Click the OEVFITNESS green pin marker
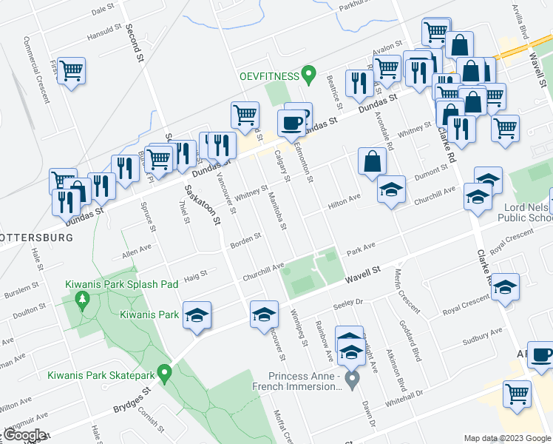click(311, 75)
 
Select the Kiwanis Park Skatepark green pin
click(166, 372)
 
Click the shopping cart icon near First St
click(72, 71)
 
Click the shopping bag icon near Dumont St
click(372, 161)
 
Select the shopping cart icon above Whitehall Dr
click(517, 393)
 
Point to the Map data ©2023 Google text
click(506, 438)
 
